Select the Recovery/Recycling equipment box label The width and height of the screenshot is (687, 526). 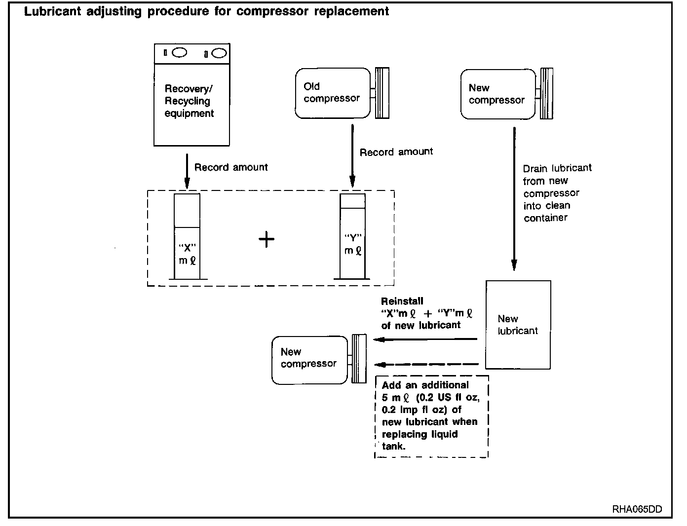coord(189,101)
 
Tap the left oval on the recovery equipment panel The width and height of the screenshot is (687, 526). coord(179,52)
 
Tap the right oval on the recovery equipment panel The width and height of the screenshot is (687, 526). coord(219,53)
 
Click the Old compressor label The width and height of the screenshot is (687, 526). coord(332,92)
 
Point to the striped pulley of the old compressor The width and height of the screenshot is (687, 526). coord(382,93)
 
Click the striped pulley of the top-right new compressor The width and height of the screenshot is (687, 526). coord(547,94)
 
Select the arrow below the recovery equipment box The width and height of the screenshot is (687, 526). coord(187,171)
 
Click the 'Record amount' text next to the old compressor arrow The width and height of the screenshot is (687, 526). coord(396,152)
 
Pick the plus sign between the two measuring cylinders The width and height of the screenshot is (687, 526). coord(267,239)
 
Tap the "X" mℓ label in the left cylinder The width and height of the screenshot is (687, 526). coord(188,254)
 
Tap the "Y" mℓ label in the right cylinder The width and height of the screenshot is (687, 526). coord(353,244)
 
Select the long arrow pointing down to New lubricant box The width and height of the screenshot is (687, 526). coord(514,199)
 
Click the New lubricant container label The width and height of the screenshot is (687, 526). coord(518,325)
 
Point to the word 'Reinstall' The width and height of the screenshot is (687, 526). coord(402,301)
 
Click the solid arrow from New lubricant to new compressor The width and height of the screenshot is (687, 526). coord(425,339)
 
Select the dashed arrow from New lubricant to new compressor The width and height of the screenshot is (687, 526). coord(426,365)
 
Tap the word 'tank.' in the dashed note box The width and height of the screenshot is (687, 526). coord(394,447)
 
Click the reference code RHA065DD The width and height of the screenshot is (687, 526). coord(637,509)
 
